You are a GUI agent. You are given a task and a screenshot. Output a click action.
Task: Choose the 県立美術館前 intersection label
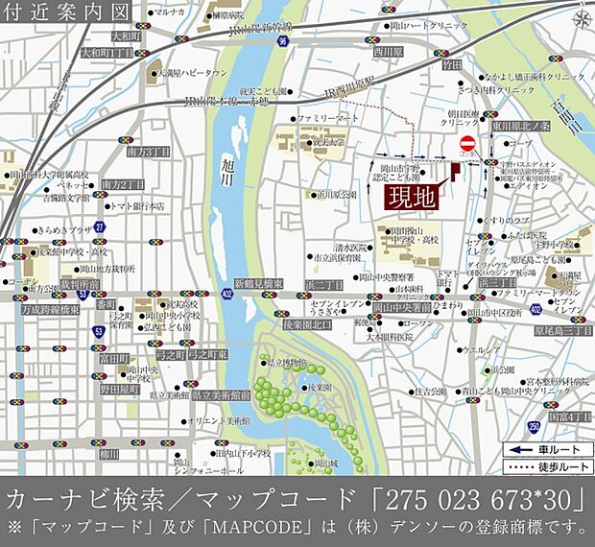pyautogui.click(x=220, y=394)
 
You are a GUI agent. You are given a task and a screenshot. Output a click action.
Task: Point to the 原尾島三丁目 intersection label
pyautogui.click(x=560, y=329)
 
